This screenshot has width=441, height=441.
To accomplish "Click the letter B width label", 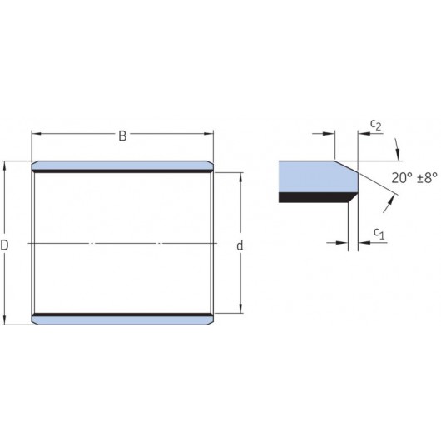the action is tap(122, 136).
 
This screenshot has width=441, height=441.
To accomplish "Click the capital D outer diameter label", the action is tap(4, 245).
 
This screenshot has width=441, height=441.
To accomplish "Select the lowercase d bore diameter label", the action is tap(240, 245).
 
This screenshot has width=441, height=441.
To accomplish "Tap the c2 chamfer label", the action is tap(376, 125).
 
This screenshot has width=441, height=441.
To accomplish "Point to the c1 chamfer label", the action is tap(379, 234).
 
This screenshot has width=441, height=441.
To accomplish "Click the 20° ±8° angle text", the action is tap(414, 178).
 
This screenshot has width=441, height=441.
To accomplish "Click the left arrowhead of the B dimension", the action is tap(37, 134).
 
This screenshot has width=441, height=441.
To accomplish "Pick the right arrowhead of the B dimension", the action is tap(208, 134).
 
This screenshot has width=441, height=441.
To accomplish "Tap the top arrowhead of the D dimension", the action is tap(4, 166).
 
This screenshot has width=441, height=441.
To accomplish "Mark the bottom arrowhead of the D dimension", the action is tap(4, 320).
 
